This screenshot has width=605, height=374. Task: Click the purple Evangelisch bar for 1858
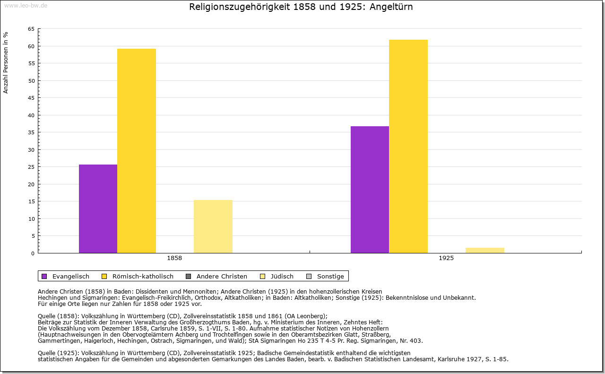(x=98, y=209)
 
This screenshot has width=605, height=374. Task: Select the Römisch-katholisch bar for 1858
(x=137, y=151)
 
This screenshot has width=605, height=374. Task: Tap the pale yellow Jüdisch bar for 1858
(x=213, y=226)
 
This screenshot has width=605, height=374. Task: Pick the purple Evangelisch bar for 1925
(x=370, y=190)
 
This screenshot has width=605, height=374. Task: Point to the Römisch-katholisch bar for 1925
(x=408, y=146)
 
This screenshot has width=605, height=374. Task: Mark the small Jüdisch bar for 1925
(x=485, y=250)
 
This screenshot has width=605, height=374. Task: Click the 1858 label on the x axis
(x=174, y=259)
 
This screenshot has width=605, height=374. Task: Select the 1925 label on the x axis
(x=446, y=259)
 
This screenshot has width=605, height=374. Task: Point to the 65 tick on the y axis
(x=31, y=29)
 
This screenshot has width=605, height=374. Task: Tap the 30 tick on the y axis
(x=31, y=150)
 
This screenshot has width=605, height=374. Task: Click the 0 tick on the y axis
(x=33, y=253)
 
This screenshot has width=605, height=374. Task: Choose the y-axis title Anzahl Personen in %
(x=6, y=62)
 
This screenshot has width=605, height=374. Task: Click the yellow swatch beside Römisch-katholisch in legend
(x=104, y=277)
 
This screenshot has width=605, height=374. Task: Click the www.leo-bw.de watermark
(x=25, y=5)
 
